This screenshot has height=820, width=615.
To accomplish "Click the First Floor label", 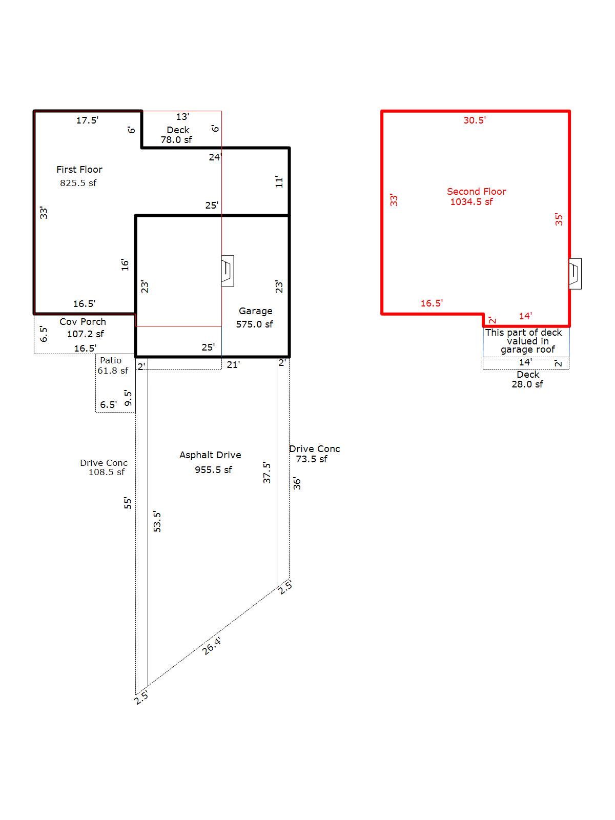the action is [x=79, y=169].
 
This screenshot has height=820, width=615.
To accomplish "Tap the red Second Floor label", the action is [x=476, y=191].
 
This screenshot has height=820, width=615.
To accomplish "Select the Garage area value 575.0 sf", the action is [x=254, y=324].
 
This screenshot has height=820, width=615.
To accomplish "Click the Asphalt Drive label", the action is [x=210, y=455].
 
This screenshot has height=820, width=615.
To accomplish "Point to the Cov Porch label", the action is [x=83, y=322].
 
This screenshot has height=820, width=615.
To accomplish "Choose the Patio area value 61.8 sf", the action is [x=113, y=371].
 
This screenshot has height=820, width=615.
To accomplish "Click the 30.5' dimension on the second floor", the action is [x=474, y=120].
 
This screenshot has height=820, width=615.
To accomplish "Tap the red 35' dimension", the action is [x=559, y=219].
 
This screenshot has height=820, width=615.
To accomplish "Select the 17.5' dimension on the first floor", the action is [x=87, y=120].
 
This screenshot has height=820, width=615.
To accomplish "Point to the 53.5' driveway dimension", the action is [x=157, y=521].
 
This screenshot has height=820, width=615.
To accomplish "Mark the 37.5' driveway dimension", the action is [x=266, y=473].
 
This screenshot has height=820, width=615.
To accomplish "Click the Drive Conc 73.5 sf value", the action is [x=312, y=459].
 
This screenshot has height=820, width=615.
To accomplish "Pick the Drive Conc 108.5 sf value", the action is [x=107, y=472].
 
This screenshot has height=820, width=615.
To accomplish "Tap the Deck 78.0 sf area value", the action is [x=176, y=140].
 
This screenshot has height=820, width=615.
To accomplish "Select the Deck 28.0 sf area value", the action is [x=527, y=384].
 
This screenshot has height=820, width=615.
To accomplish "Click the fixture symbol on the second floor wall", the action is [x=575, y=274].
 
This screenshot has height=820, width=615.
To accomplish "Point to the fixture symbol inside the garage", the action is [x=228, y=271].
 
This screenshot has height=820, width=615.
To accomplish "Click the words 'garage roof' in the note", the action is [x=528, y=350].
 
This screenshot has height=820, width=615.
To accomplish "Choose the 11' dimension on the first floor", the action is [x=279, y=181].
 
